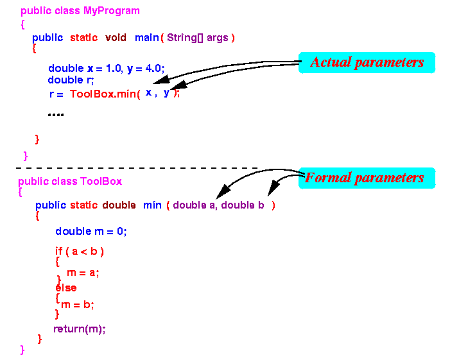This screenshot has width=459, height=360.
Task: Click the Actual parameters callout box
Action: coord(367,63)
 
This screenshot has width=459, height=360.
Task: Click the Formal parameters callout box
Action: coord(367,178)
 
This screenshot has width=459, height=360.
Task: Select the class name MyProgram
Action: coord(112,11)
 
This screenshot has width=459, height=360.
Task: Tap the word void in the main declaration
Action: coord(116,37)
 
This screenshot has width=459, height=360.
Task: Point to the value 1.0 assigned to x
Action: coord(113,69)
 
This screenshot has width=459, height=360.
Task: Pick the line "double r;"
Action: coord(71,80)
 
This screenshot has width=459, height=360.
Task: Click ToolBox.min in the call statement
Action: coord(103,94)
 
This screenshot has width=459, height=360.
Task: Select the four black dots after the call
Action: coord(56,115)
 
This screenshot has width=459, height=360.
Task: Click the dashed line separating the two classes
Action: coord(137,168)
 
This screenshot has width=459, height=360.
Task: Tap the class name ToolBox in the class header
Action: coord(101,182)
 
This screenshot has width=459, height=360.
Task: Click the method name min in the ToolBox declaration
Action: coord(152,205)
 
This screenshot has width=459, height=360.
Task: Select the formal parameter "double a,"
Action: coord(195,205)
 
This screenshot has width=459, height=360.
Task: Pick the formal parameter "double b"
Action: coord(243,205)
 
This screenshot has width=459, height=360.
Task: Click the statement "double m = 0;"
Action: coord(91,232)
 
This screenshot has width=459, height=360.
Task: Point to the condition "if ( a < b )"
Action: coord(80,252)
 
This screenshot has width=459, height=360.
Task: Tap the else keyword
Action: coord(66,287)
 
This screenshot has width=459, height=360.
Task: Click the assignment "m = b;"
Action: coord(78,305)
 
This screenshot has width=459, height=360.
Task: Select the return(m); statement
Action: coord(80,329)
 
